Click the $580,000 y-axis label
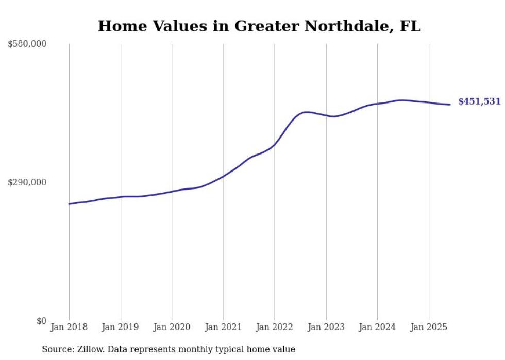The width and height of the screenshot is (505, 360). (x=27, y=44)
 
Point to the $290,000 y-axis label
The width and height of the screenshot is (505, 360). (x=27, y=182)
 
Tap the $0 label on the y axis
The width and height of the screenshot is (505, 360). (x=41, y=321)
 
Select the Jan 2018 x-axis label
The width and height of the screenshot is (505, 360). (x=69, y=327)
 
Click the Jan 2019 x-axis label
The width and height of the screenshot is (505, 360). (x=121, y=327)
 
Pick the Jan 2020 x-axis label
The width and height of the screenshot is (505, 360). (x=172, y=327)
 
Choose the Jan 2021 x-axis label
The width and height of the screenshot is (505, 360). (x=223, y=327)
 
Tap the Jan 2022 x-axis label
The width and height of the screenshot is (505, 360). (x=275, y=327)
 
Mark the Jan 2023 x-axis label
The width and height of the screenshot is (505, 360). (x=326, y=327)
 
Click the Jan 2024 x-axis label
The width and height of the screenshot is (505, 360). (x=377, y=327)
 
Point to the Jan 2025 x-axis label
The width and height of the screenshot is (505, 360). (x=429, y=327)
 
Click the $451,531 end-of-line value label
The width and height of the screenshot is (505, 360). (x=479, y=101)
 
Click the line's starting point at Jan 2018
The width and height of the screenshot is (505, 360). (x=69, y=204)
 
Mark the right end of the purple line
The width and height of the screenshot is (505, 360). (x=450, y=105)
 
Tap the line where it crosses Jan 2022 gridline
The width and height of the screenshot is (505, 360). (x=275, y=145)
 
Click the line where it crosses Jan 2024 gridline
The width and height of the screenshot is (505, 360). (x=377, y=104)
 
